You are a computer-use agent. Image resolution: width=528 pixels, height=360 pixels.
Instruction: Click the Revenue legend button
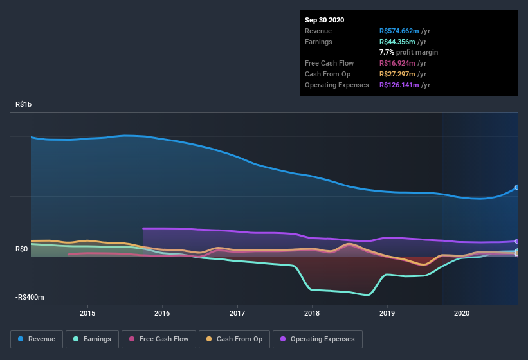37,339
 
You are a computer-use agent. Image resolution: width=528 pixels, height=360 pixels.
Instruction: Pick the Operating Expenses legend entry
318,339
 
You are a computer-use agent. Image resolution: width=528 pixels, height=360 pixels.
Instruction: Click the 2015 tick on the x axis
87,313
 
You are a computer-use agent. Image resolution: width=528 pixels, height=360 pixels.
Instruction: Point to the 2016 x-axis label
162,313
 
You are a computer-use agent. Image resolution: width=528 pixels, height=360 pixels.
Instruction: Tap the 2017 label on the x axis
237,313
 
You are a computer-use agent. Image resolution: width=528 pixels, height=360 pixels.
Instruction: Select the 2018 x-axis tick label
312,313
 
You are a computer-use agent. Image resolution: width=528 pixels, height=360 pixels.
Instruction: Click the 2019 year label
387,313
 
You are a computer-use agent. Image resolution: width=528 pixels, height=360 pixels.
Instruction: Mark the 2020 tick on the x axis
462,313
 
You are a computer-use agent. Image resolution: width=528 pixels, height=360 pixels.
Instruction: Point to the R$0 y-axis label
23,249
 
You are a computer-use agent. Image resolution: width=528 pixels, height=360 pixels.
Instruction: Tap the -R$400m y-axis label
30,298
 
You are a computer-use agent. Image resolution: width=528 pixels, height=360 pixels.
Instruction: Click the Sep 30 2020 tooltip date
324,20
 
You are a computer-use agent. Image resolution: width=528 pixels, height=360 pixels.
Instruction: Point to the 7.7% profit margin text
409,52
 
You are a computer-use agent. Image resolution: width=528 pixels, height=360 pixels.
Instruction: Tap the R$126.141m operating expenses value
401,85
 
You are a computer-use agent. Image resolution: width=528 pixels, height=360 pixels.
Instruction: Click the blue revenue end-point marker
517,188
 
